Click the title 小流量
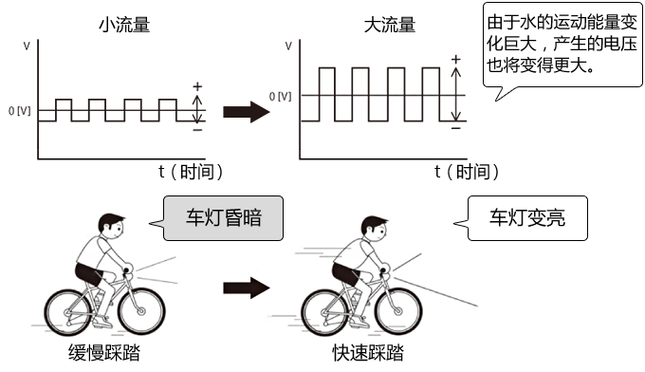coord(123,26)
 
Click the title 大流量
coord(390,26)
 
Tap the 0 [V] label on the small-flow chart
coord(20,111)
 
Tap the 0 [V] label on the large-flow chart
coord(280,96)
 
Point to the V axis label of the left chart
coord(24,46)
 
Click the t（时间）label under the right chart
coord(466,171)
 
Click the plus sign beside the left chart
coord(197,86)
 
